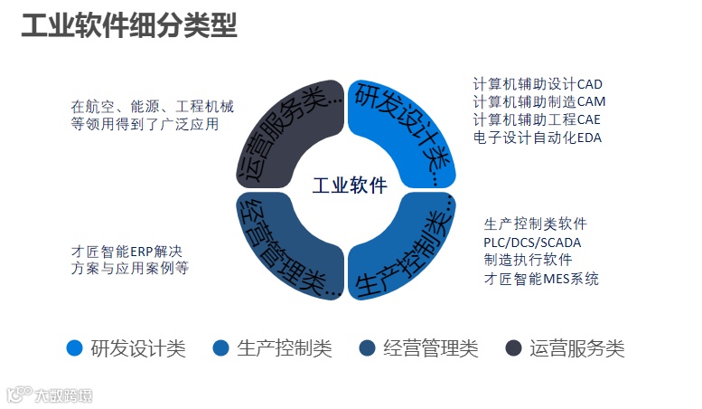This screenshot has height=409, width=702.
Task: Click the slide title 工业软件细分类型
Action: click(128, 26)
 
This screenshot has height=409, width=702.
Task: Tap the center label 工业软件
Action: click(350, 186)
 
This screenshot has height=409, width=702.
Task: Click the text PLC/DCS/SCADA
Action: click(532, 242)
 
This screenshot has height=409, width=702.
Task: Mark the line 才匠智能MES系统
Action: click(541, 278)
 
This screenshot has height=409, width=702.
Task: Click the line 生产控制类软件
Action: click(535, 224)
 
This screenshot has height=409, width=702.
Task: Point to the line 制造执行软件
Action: click(527, 260)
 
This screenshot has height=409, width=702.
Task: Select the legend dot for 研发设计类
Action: click(75, 348)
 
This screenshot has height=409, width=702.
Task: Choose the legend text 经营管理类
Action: click(431, 348)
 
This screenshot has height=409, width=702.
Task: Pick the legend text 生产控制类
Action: click(285, 348)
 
